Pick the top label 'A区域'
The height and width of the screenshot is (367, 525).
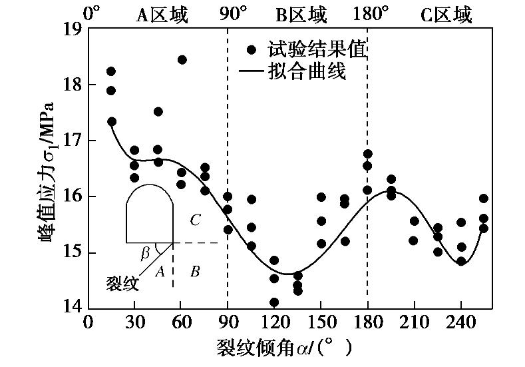[162, 13]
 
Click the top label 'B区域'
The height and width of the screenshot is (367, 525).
[301, 13]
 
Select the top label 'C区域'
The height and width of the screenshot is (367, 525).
[446, 13]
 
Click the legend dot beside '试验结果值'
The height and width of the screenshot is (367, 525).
[251, 49]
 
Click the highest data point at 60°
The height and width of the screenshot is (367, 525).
[182, 60]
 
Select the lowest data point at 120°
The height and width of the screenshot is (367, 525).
[274, 302]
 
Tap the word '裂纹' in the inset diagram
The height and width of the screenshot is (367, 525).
[122, 283]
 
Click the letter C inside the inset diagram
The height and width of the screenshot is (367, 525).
[195, 220]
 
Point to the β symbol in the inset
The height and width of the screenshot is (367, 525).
[146, 253]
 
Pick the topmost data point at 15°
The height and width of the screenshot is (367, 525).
[111, 71]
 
